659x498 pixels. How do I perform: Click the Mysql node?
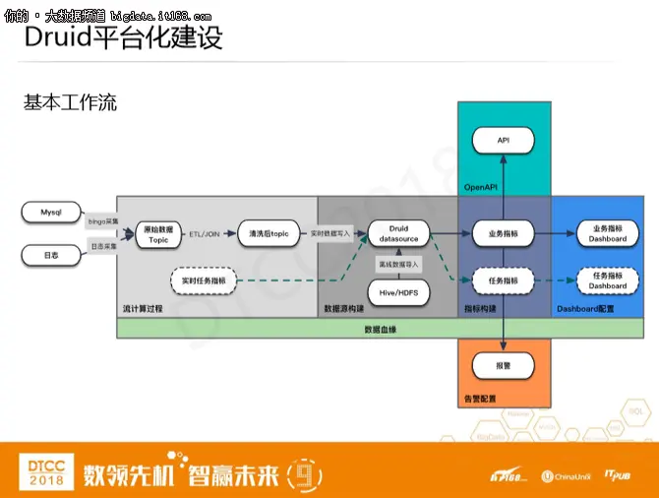click(x=50, y=212)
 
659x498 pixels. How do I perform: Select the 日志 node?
click(x=50, y=256)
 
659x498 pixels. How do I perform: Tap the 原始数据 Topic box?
click(x=158, y=233)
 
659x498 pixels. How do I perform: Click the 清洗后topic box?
click(x=268, y=233)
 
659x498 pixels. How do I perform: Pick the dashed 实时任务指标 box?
click(x=205, y=281)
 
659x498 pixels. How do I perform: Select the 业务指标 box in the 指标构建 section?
click(x=504, y=233)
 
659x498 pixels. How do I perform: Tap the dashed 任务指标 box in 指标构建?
click(x=504, y=281)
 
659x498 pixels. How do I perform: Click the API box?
click(x=504, y=141)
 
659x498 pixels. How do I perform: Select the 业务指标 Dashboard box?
click(x=607, y=233)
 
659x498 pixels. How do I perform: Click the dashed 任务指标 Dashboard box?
click(x=607, y=281)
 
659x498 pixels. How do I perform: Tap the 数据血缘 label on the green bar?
click(x=383, y=329)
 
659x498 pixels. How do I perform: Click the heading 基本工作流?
click(x=70, y=102)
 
